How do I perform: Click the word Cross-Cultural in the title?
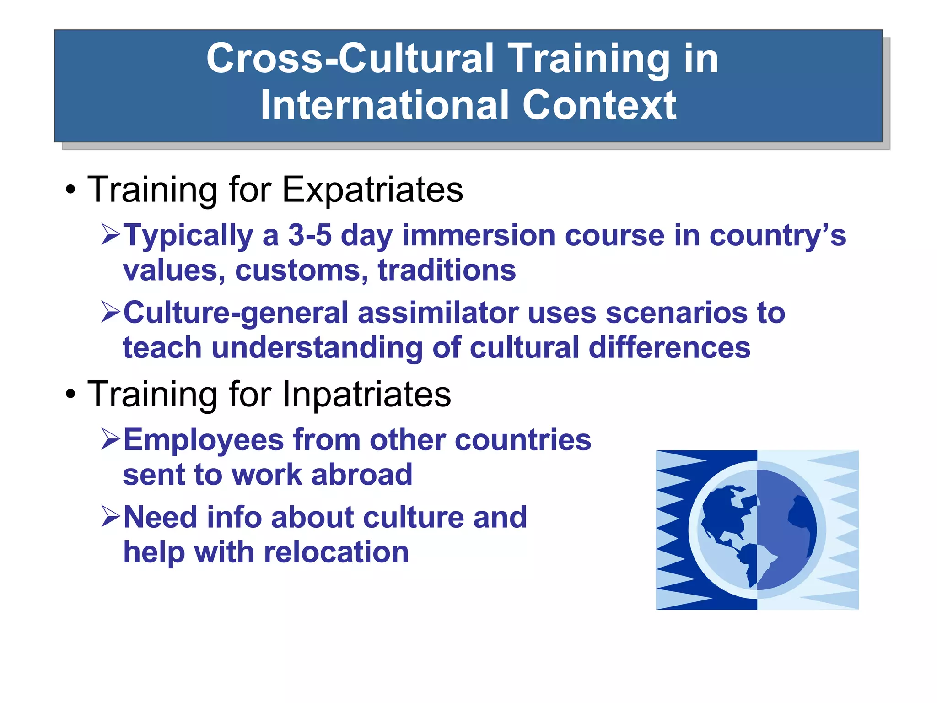(350, 59)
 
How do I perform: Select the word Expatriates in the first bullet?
(372, 189)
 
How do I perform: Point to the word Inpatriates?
(366, 394)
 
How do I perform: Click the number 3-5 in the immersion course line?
(310, 235)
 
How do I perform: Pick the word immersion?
(479, 235)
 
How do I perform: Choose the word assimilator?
(438, 313)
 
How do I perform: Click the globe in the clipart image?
(757, 530)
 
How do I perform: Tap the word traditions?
(447, 270)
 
